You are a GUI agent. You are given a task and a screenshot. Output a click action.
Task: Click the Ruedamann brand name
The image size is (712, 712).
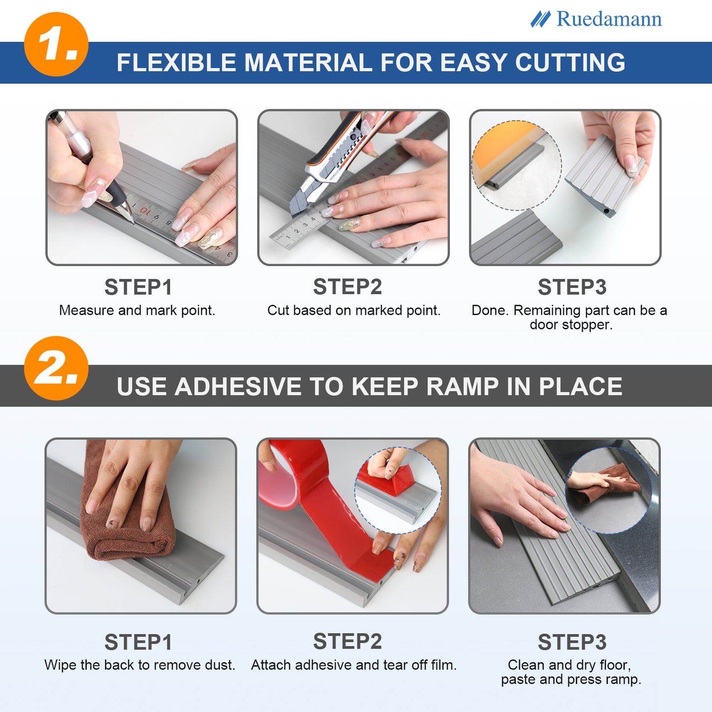(x=609, y=19)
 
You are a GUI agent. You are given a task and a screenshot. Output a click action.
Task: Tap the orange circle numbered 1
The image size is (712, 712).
(x=56, y=44)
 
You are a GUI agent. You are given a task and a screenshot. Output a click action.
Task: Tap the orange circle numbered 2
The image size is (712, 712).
(x=56, y=368)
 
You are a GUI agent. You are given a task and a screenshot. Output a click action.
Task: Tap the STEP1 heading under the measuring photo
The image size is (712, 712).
(x=138, y=287)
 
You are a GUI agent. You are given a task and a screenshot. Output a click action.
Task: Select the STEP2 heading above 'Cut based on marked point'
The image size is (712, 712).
(x=347, y=287)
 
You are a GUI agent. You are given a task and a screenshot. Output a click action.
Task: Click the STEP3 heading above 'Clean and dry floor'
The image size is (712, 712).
(x=572, y=642)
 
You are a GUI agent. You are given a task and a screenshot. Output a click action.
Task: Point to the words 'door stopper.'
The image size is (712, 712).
(x=571, y=325)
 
